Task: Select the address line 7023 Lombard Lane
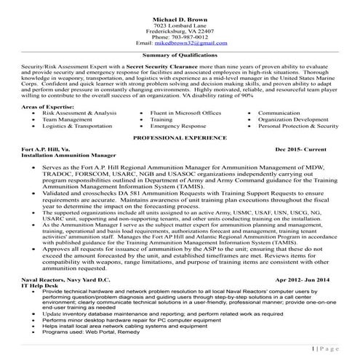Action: point(180,23)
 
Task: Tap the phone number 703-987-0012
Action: point(180,37)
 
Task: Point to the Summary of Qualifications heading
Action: point(180,55)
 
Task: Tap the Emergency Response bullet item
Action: point(179,126)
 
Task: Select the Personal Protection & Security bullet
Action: point(303,126)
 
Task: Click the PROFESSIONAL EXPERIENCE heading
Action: point(180,137)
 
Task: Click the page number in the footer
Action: point(324,349)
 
